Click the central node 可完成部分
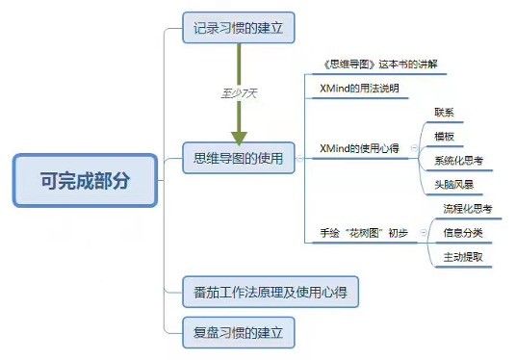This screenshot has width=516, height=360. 85,180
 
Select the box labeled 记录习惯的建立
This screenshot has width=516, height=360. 238,26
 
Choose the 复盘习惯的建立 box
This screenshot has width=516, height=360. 238,333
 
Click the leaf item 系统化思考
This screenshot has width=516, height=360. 457,161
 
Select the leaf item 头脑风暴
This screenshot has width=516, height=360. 451,184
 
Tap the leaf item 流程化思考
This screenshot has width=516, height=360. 467,209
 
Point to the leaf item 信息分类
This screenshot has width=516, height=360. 462,233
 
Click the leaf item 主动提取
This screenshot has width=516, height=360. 462,257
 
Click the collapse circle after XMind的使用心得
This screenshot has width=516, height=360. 415,149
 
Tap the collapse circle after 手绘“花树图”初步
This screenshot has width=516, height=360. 415,233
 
